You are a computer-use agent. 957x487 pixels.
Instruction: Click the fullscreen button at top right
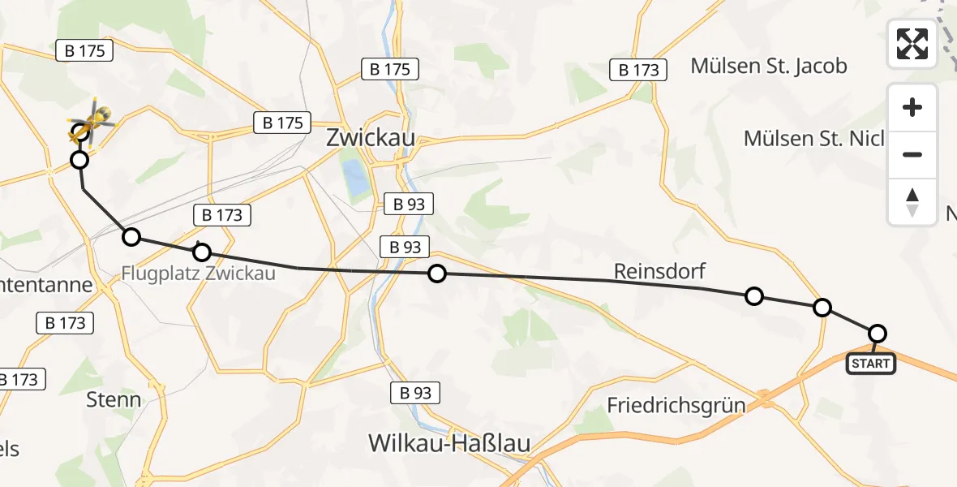(x=912, y=43)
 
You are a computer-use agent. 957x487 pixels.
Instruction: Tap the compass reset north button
(x=912, y=202)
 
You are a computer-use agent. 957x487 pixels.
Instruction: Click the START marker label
(x=871, y=364)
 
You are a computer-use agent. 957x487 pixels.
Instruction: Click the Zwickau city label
(x=371, y=137)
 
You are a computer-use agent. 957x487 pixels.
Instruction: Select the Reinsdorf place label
(x=659, y=271)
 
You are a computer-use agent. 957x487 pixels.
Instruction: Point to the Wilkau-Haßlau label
(x=449, y=443)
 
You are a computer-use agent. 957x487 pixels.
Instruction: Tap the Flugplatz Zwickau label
(x=199, y=273)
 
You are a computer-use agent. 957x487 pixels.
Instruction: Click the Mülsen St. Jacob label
(x=769, y=66)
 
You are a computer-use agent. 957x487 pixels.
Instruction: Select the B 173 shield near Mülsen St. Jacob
(x=639, y=70)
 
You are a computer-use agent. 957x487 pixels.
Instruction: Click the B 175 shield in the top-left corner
(x=84, y=50)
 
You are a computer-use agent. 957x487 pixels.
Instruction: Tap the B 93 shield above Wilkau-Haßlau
(x=415, y=394)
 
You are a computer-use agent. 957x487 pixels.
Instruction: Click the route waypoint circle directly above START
(x=877, y=333)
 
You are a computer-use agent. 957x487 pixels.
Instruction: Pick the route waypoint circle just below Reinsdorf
(x=753, y=296)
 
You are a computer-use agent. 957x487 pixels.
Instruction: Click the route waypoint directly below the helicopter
(x=79, y=160)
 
